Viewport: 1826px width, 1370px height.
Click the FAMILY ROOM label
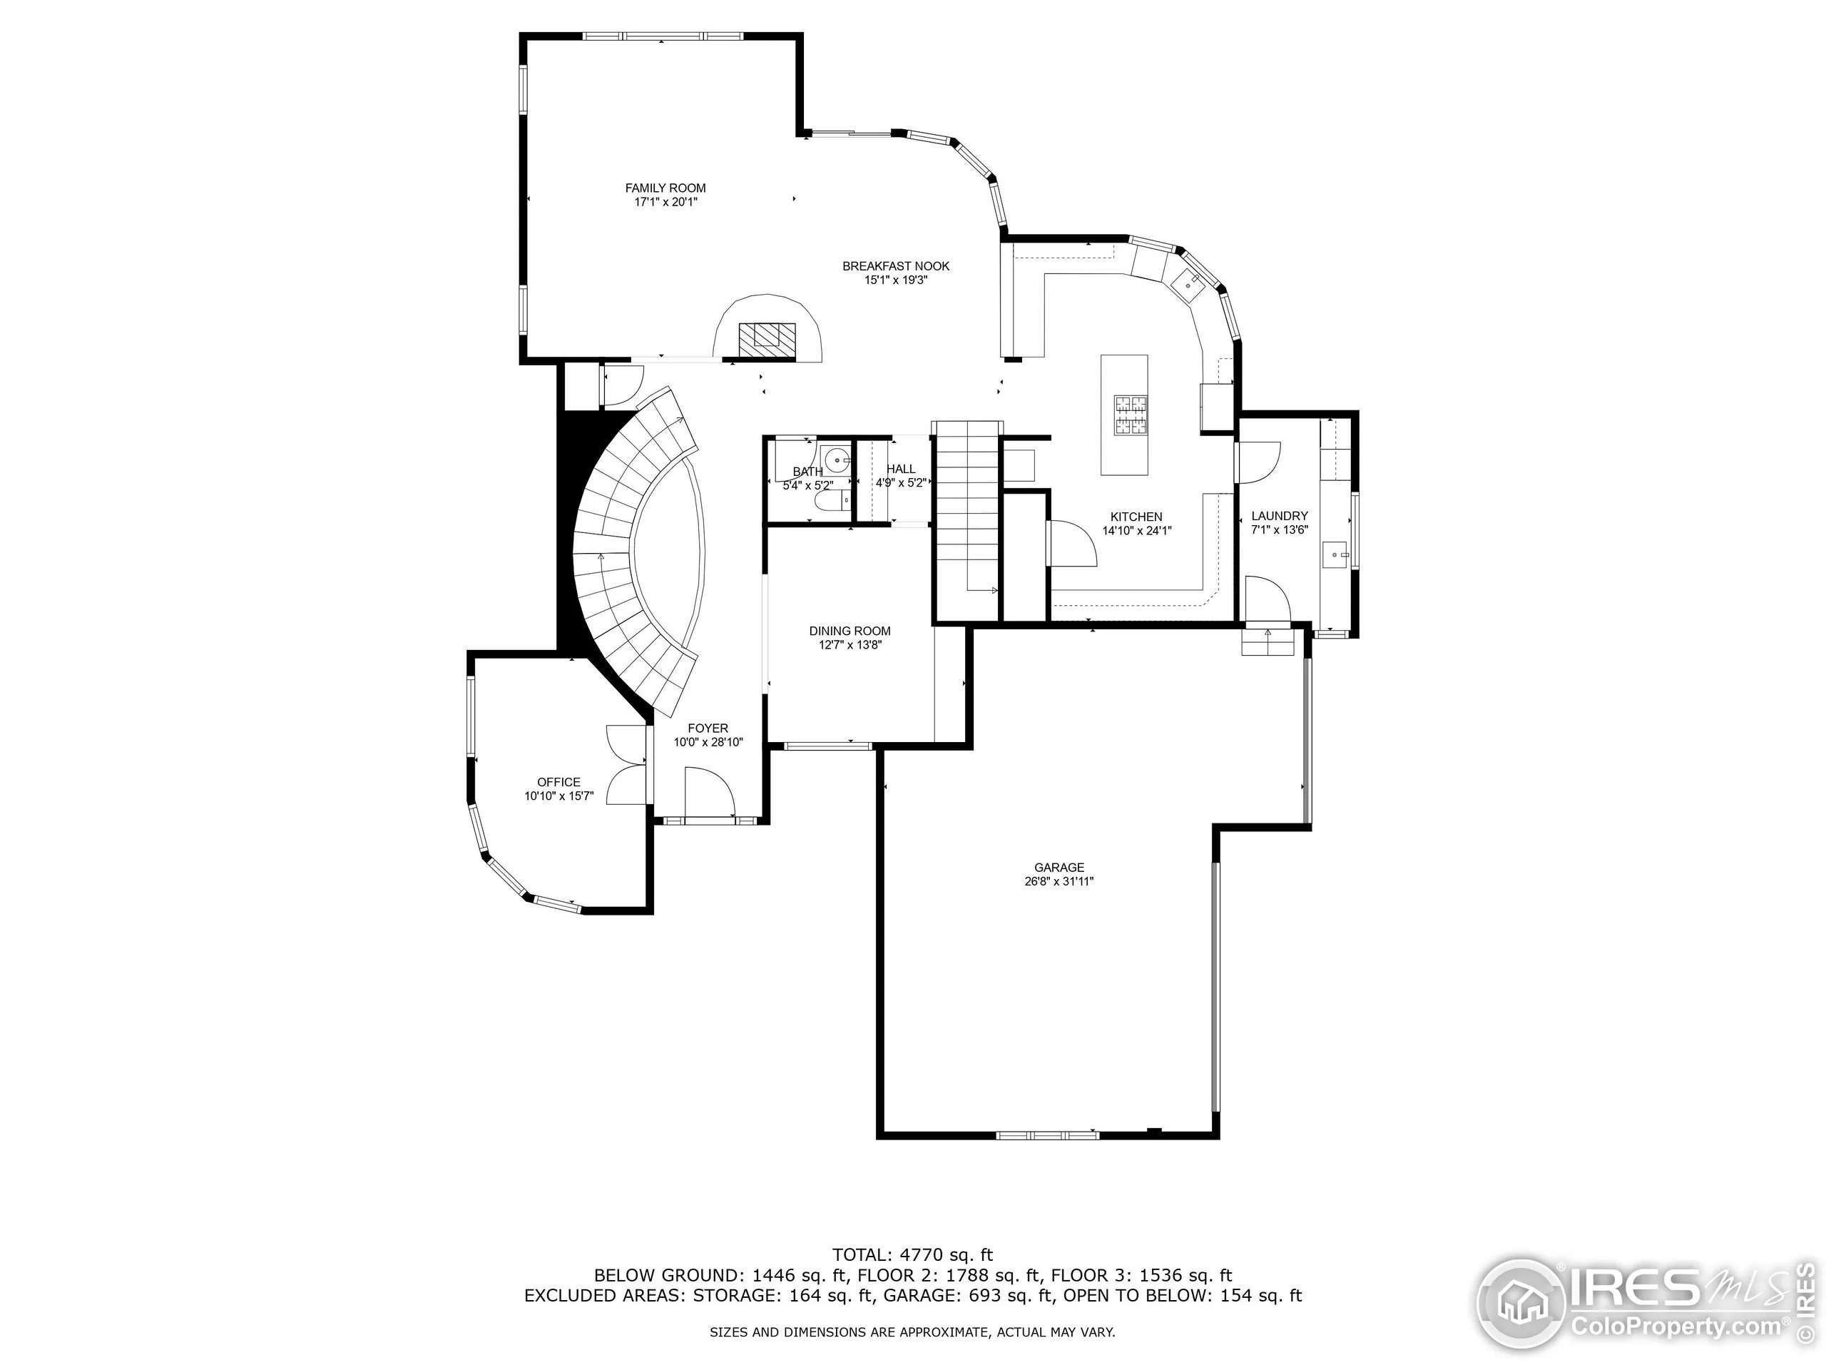pyautogui.click(x=665, y=188)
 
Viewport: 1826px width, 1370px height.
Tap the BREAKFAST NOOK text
pyautogui.click(x=896, y=266)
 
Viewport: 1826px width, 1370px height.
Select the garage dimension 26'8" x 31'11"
pyautogui.click(x=1059, y=881)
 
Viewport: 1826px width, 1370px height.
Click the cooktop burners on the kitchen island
pyautogui.click(x=1131, y=415)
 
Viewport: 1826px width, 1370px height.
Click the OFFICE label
pyautogui.click(x=559, y=782)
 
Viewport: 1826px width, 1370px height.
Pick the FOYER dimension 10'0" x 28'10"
pyautogui.click(x=708, y=742)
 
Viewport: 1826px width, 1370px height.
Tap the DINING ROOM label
pyautogui.click(x=850, y=631)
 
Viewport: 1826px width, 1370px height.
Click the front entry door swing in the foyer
pyautogui.click(x=708, y=791)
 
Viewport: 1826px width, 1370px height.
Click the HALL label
pyautogui.click(x=901, y=469)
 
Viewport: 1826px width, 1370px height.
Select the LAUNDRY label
pyautogui.click(x=1280, y=516)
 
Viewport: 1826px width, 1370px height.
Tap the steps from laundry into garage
pyautogui.click(x=1267, y=641)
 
